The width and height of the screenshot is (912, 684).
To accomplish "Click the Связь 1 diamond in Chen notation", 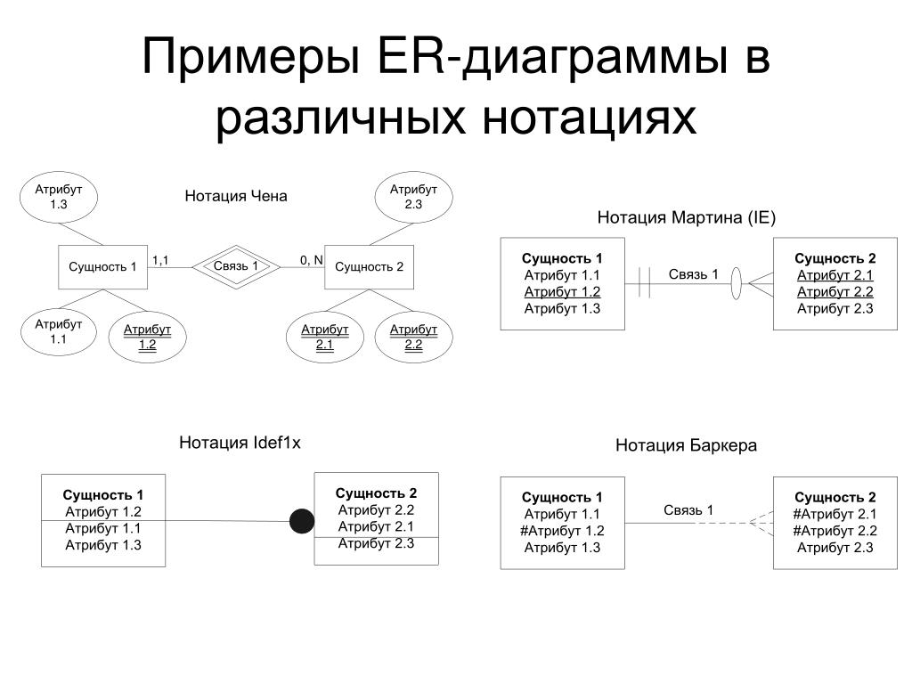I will (236, 266).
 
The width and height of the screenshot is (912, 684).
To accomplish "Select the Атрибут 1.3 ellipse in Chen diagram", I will (59, 197).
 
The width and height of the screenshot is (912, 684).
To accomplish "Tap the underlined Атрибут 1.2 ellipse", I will (147, 338).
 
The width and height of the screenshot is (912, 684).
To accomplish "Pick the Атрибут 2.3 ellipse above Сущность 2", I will (413, 197).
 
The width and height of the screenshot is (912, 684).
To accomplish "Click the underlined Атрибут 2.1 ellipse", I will (324, 338).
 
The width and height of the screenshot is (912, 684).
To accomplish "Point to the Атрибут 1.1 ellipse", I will (59, 331).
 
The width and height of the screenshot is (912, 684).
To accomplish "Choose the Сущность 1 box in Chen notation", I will (102, 266).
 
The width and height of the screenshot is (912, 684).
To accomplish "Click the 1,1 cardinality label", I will (160, 260).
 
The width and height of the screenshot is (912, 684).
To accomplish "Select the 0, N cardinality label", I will (311, 260).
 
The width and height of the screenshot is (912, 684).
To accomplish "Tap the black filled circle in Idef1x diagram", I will (302, 521).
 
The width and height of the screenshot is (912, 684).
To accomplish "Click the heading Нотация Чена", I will (236, 196).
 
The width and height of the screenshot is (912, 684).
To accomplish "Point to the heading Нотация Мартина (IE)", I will (687, 217).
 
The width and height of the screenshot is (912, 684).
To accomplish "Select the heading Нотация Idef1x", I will (240, 443).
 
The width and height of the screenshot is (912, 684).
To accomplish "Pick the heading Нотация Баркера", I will (686, 445).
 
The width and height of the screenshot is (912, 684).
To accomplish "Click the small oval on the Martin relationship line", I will (737, 284).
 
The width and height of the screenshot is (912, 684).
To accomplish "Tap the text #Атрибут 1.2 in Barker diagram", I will (562, 531).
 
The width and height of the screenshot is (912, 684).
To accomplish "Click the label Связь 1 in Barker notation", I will (688, 509).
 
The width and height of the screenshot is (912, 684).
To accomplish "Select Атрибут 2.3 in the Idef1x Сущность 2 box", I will (376, 544).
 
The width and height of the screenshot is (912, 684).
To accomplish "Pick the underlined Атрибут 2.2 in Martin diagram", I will (835, 292).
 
